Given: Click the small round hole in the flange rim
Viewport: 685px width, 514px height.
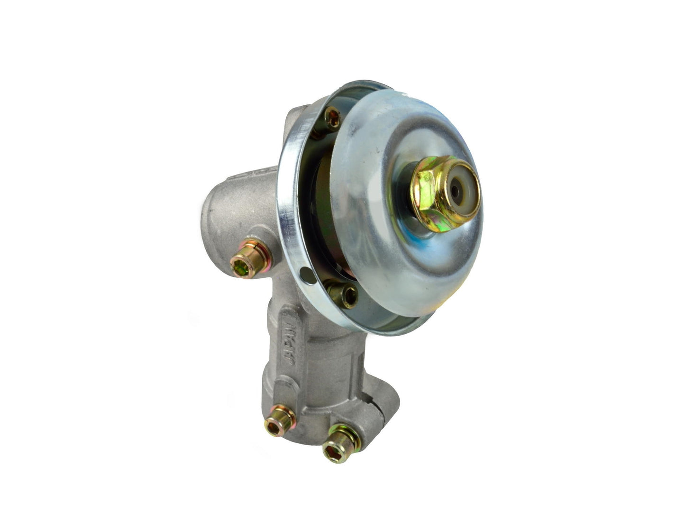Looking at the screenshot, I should (308, 275).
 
